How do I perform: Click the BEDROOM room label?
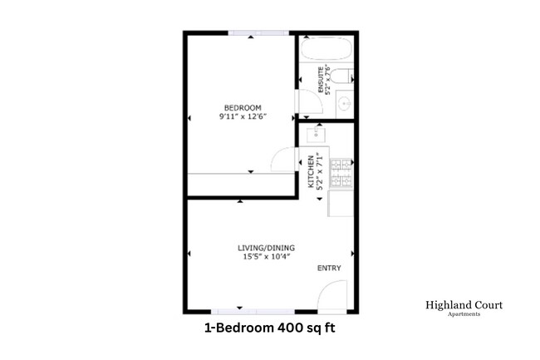(243, 107)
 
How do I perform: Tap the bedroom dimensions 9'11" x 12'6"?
(243, 117)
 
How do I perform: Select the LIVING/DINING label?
(266, 248)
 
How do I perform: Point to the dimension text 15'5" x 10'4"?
(266, 257)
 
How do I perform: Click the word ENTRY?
(329, 269)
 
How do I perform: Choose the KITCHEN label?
(311, 170)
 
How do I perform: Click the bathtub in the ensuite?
(327, 51)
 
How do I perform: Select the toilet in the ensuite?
(350, 78)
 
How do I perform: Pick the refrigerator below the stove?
(341, 204)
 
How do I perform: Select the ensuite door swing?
(307, 104)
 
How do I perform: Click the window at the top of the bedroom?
(260, 32)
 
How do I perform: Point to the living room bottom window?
(239, 311)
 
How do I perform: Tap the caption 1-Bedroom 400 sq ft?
(270, 328)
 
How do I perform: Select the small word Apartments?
(463, 314)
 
